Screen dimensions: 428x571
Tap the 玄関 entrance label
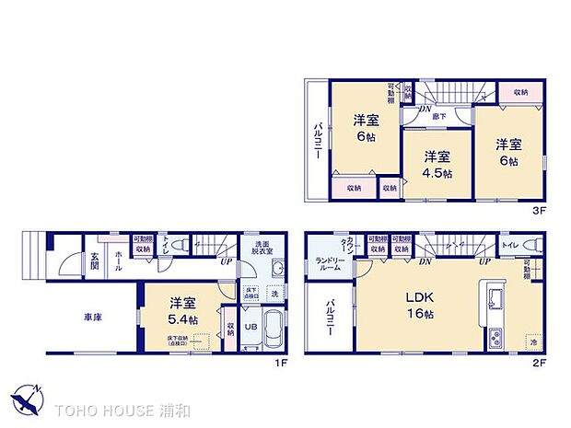tap(96, 262)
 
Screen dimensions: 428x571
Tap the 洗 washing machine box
tap(274, 294)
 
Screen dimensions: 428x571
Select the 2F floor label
tap(539, 361)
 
